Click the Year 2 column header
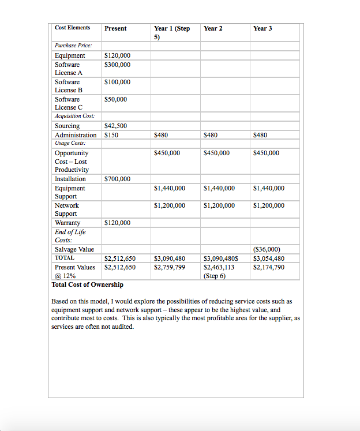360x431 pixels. coord(213,28)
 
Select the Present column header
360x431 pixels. coord(115,28)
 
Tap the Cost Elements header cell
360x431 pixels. coord(72,28)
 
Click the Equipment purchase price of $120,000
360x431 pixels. coord(117,55)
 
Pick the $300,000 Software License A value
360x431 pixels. coord(117,65)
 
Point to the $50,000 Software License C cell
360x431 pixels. coord(115,99)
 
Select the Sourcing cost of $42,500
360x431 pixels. coord(115,126)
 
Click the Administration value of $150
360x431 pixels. coord(111,135)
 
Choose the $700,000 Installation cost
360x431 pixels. coord(117,179)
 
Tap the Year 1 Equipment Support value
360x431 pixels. coord(170,188)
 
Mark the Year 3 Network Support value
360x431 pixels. coord(268,205)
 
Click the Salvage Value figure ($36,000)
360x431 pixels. coord(267,249)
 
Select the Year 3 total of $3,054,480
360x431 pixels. coord(268,258)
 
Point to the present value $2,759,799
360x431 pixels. coord(170,267)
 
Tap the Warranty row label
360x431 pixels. coord(67,223)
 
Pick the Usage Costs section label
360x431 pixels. coord(70,143)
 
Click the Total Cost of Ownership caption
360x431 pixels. coord(87,284)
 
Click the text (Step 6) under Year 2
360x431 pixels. coord(215,276)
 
